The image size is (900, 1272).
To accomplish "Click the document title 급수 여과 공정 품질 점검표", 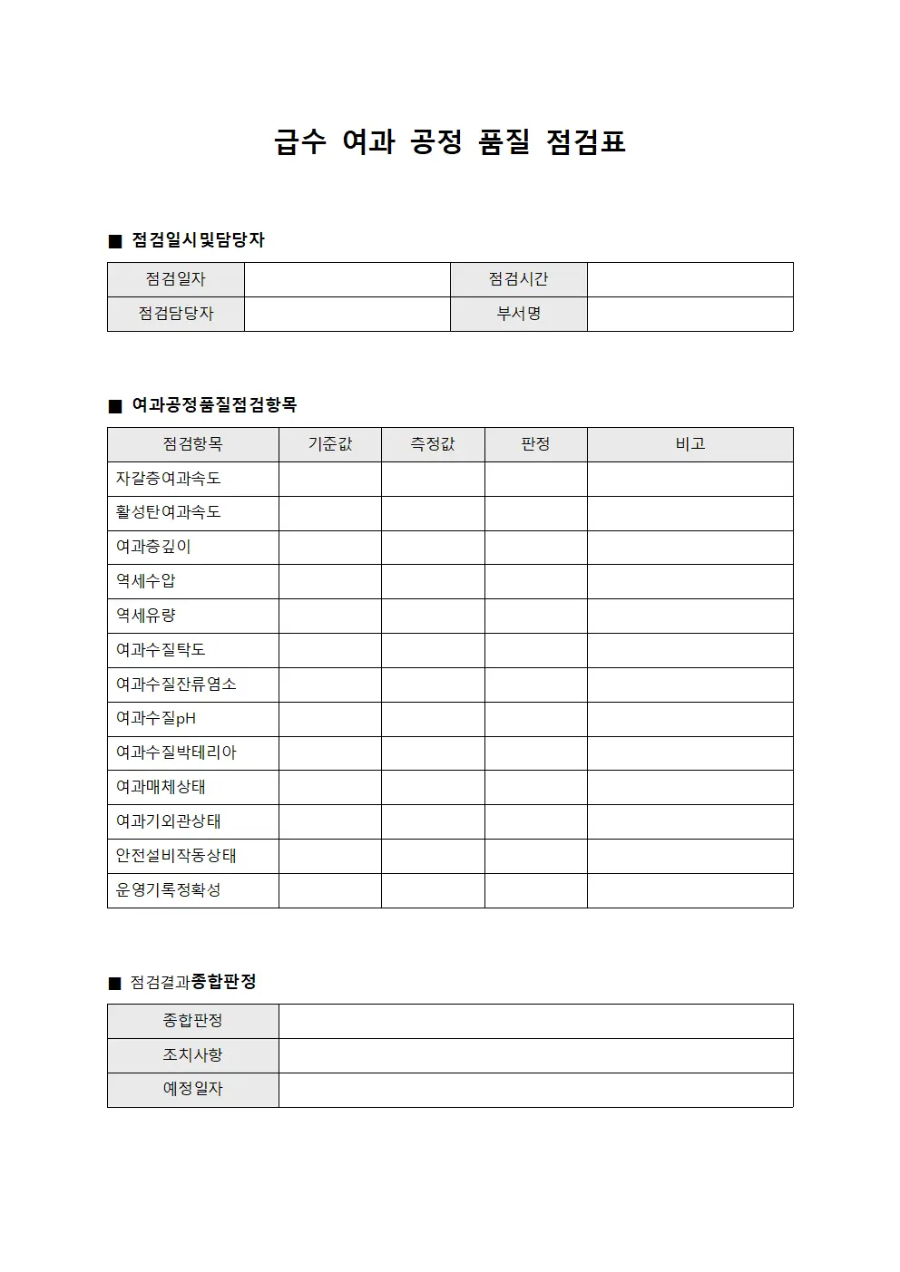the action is tap(450, 142).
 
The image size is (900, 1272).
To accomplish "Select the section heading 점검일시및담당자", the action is tap(198, 240).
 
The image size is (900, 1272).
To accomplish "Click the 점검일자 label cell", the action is tap(176, 279).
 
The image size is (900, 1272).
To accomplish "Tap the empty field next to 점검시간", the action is tap(690, 279).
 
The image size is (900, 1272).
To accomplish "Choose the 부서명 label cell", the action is tap(518, 314).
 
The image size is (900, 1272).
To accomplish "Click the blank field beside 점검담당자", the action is tap(347, 314).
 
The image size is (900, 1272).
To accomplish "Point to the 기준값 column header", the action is tap(329, 444).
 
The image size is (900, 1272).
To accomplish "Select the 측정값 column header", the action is tap(433, 444).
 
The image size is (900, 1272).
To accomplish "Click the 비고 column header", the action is tap(690, 444).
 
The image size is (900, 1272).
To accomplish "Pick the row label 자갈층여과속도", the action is tap(169, 479).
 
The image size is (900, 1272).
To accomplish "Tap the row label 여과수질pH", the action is tap(156, 719).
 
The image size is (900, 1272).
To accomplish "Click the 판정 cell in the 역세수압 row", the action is tap(535, 581).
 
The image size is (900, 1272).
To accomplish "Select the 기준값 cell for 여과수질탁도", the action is tap(329, 650).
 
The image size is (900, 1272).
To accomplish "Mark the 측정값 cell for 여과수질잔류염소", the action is tap(433, 685).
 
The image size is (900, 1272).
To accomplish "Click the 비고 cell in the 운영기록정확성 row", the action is tap(690, 890).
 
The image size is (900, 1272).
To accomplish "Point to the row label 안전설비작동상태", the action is tap(176, 856).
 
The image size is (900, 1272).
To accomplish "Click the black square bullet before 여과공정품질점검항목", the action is tap(115, 406).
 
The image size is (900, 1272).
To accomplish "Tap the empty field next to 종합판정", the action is tap(535, 1021).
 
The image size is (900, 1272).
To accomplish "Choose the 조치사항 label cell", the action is tap(192, 1055).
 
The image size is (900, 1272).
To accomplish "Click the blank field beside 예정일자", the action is tap(535, 1090).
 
